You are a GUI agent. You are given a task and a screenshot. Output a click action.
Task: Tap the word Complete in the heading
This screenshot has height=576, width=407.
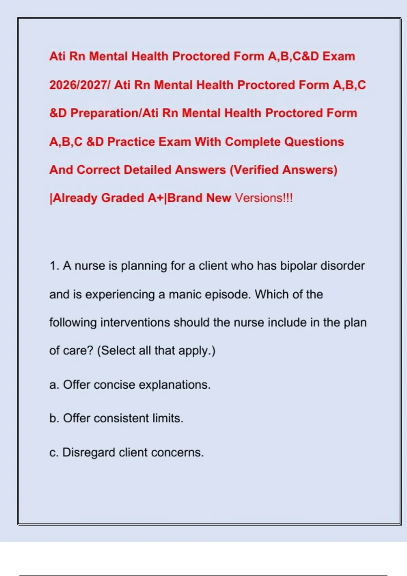pyautogui.click(x=252, y=142)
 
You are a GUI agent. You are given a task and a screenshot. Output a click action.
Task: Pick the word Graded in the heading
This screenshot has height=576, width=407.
pyautogui.click(x=122, y=198)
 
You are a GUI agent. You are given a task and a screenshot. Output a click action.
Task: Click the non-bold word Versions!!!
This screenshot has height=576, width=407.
pyautogui.click(x=264, y=198)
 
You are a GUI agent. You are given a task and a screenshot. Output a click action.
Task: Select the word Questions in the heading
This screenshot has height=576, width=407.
pyautogui.click(x=314, y=142)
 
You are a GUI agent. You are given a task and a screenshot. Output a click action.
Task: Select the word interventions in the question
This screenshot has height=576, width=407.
pyautogui.click(x=135, y=322)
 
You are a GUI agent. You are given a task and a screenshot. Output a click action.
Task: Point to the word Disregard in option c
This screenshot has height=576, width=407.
pyautogui.click(x=89, y=453)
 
